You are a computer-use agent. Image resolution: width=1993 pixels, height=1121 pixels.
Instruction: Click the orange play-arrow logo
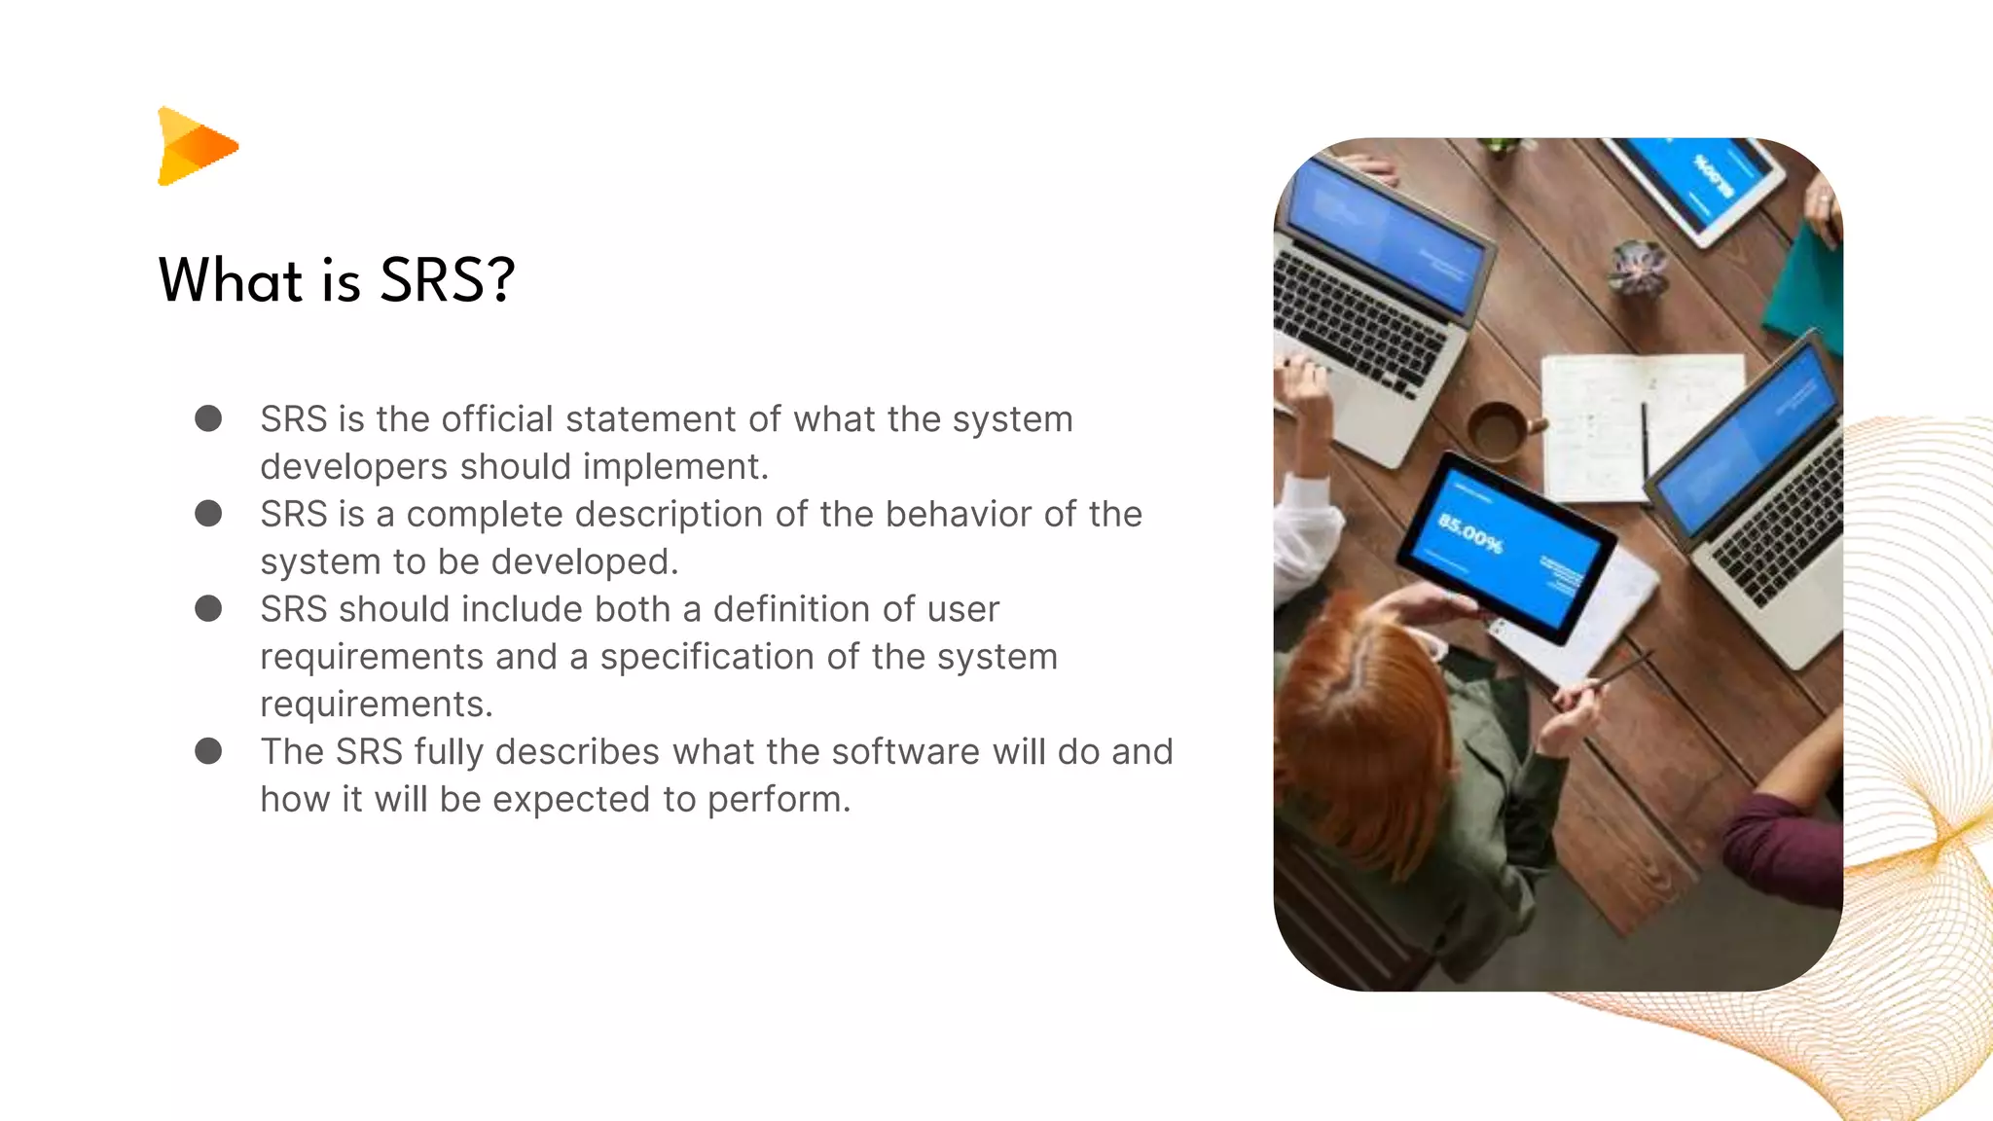[195, 146]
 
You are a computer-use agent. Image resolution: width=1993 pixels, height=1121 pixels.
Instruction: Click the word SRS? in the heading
[447, 281]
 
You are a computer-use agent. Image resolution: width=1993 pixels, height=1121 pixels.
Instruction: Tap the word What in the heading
[231, 281]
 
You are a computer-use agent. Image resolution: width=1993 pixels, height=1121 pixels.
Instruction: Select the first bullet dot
[208, 418]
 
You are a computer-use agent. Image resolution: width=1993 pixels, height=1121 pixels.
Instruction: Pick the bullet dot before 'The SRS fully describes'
[208, 751]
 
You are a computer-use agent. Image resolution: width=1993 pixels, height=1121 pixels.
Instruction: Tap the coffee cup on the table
[1499, 429]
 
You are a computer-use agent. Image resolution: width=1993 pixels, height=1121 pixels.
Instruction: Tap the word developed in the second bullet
[594, 561]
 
